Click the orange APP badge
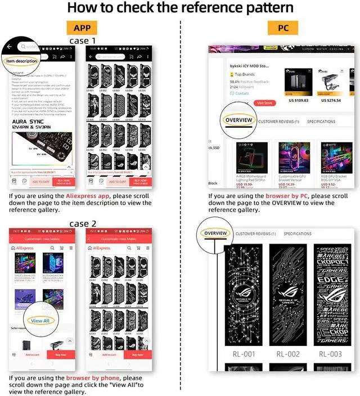tap(83, 29)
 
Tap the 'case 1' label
tap(83, 41)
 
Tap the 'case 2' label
tap(83, 223)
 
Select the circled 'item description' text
tap(22, 61)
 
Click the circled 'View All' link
tap(40, 321)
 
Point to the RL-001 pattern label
tap(244, 354)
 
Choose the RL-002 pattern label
tap(288, 354)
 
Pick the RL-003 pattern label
tap(330, 354)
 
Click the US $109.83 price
tap(298, 100)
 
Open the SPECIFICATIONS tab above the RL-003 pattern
tap(297, 233)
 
